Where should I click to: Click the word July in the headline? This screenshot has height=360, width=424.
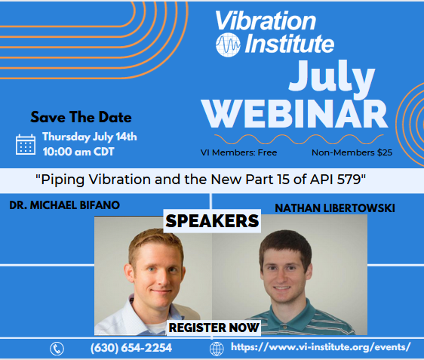point(331,76)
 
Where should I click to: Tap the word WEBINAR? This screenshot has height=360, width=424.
point(295,114)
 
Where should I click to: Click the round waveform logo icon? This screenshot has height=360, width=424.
point(228,45)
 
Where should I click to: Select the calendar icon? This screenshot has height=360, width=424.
point(26,144)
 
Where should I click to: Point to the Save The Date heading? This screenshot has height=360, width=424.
point(81,117)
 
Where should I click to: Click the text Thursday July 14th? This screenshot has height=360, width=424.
point(90,137)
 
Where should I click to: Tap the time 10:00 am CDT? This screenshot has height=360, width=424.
point(78,152)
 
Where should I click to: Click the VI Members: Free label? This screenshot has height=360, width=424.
point(238,152)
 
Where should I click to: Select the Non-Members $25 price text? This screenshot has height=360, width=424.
point(352,152)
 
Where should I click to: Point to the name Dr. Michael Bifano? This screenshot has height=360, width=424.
point(65,205)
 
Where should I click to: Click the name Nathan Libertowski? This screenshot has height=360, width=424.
point(335,208)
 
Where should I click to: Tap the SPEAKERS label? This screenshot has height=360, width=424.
point(212,221)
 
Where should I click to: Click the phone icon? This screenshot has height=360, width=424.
point(57,349)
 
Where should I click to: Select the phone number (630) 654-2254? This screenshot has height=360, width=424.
point(131,348)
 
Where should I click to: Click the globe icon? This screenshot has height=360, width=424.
point(217,349)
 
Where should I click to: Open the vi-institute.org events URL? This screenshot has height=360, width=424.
point(321,347)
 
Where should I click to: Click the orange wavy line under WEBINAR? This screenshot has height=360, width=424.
point(299,139)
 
